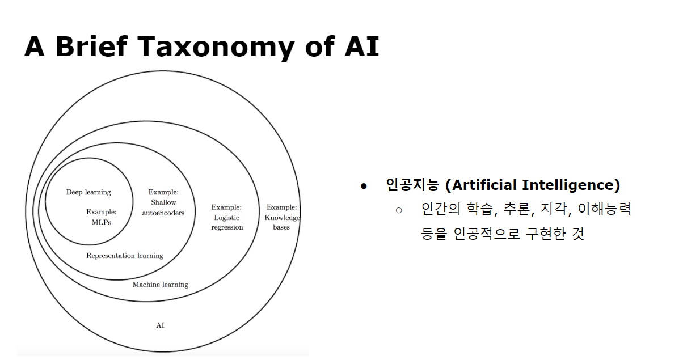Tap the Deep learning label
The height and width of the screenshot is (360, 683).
click(88, 192)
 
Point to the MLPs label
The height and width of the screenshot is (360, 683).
click(102, 222)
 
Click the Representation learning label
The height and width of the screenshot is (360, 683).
click(124, 256)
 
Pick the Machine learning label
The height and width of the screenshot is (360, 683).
click(160, 285)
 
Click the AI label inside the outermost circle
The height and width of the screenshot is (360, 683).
click(160, 325)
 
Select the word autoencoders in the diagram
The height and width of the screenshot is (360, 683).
click(163, 213)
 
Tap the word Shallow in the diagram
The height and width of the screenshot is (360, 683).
click(163, 202)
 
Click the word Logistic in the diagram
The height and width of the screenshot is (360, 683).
click(226, 217)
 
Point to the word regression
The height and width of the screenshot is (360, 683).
click(227, 227)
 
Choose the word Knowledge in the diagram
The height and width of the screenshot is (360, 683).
click(283, 217)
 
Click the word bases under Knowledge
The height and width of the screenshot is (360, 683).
click(281, 227)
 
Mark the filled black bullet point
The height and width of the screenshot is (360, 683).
click(364, 186)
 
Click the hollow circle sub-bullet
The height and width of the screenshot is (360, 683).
click(398, 210)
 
